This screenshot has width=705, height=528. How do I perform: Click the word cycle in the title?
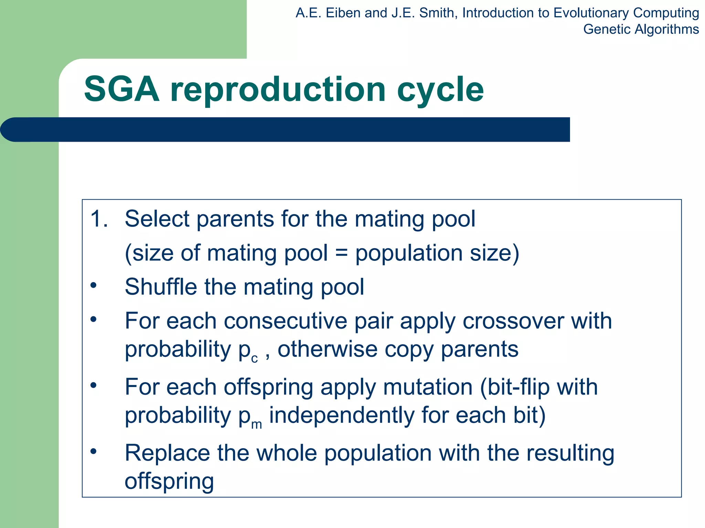440,90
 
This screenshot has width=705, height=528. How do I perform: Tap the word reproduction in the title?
278,90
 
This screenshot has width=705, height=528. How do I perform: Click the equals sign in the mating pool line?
341,253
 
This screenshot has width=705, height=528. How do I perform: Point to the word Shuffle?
161,287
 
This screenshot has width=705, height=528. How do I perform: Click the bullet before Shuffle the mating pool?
93,285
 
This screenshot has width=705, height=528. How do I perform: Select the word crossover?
513,321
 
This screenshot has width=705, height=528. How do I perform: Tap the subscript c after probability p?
254,359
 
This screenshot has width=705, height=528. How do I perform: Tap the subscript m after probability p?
256,425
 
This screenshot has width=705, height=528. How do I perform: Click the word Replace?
167,453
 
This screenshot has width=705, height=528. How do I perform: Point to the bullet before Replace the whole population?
93,451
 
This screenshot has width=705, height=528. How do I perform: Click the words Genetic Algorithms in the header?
641,29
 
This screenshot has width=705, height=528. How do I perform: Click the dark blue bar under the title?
285,130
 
